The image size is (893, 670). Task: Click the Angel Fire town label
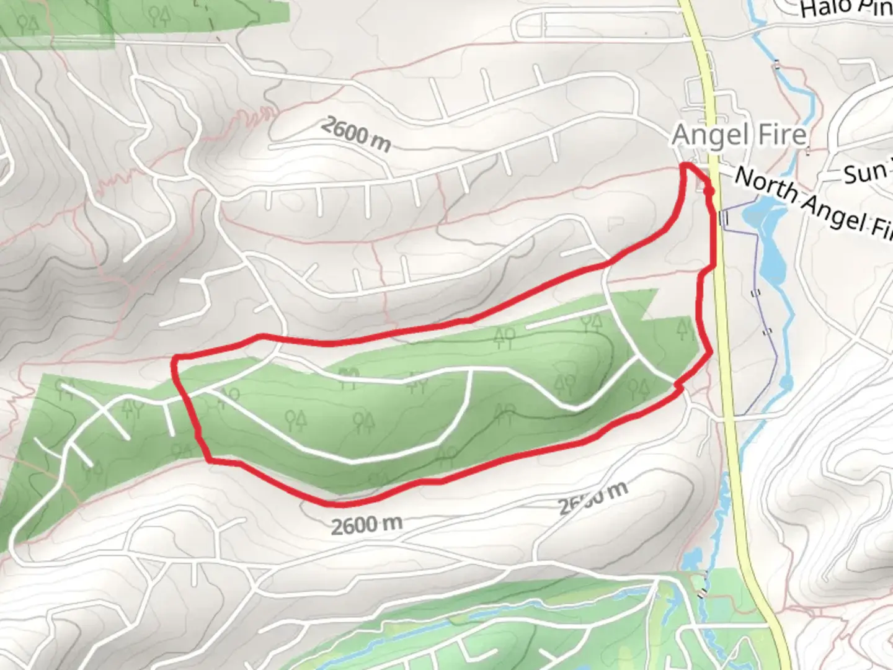click(x=739, y=135)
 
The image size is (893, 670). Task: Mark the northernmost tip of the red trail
click(x=687, y=166)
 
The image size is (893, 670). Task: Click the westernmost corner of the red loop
click(x=176, y=360)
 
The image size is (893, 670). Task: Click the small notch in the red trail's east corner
click(x=678, y=386)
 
